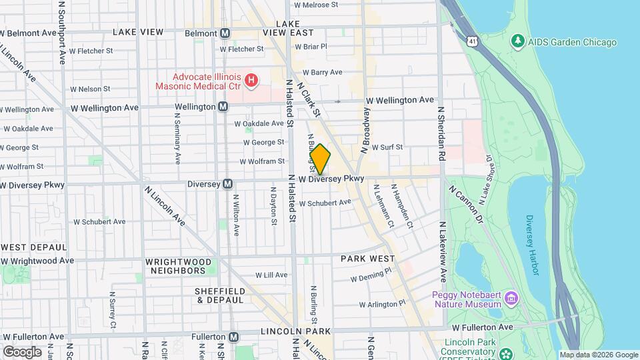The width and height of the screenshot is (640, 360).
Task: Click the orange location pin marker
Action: (320, 159)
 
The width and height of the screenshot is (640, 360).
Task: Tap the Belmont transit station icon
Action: (225, 33)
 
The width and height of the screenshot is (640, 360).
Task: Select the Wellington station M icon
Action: (223, 107)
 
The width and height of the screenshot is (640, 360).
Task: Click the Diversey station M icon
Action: (227, 184)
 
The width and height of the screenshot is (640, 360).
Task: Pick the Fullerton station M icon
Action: (233, 337)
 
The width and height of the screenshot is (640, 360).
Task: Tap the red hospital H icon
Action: (251, 81)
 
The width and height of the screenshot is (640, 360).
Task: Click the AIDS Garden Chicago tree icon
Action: (517, 42)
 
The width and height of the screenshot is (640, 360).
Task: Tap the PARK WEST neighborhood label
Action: (367, 258)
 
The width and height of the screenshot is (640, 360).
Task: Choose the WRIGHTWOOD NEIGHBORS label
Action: (175, 266)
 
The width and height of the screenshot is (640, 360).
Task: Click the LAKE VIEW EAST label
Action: (287, 27)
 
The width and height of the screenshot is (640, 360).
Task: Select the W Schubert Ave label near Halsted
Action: (325, 203)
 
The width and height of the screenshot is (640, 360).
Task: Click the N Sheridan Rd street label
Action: (441, 133)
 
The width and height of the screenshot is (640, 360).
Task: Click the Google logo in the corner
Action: (22, 351)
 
